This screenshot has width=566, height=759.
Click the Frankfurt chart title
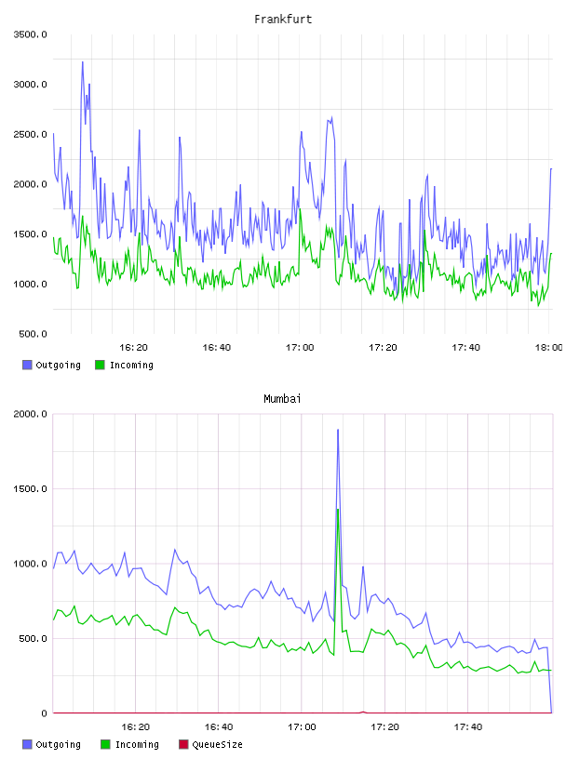point(283,20)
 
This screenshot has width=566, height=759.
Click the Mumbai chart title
point(282,398)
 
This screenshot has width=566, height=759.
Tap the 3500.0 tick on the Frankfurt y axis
point(31,34)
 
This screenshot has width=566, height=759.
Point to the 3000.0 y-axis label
point(31,85)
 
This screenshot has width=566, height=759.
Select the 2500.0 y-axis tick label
point(31,134)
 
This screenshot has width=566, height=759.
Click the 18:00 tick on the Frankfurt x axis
point(548,347)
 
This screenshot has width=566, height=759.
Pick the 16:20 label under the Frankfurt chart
point(134,347)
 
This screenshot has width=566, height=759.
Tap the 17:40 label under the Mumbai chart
point(468,726)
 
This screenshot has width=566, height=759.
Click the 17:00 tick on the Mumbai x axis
point(302,726)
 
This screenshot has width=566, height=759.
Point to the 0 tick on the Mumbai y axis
point(44,713)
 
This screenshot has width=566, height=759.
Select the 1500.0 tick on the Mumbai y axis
point(31,489)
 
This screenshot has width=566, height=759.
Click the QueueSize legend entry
point(210,744)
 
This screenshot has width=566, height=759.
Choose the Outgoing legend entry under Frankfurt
point(52,365)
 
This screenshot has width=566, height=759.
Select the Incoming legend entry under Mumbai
point(130,744)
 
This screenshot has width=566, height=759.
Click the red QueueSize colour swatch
point(183,744)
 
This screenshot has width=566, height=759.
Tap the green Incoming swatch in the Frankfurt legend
point(100,365)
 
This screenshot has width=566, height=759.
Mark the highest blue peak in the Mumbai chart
point(338,430)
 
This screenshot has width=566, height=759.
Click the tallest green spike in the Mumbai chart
point(338,509)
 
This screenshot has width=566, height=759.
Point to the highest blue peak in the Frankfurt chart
point(82,62)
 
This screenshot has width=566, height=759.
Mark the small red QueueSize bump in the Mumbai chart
point(363,712)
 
